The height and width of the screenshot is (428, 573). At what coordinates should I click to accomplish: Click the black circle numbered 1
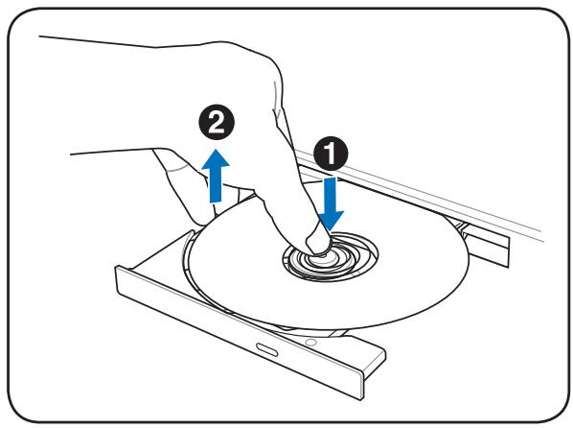click(331, 153)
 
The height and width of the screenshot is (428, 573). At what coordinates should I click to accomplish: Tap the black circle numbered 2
click(217, 122)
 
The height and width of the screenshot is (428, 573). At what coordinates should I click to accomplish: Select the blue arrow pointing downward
click(331, 203)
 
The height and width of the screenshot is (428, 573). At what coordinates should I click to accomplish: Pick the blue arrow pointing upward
click(216, 176)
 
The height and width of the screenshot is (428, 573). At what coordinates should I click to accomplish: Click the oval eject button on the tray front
click(266, 349)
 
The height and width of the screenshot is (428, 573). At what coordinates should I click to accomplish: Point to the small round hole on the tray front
click(311, 343)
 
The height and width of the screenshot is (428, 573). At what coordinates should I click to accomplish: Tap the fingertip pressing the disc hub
click(317, 243)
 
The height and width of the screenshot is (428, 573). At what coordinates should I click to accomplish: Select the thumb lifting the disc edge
click(183, 187)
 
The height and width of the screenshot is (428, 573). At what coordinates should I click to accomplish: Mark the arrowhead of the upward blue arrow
click(216, 158)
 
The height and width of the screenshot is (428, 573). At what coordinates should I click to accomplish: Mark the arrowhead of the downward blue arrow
click(331, 222)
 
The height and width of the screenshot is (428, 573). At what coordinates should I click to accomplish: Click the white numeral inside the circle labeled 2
click(217, 122)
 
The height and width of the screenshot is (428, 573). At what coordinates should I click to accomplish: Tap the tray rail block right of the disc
click(486, 244)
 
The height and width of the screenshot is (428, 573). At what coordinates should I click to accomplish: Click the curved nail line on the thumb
click(178, 169)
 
